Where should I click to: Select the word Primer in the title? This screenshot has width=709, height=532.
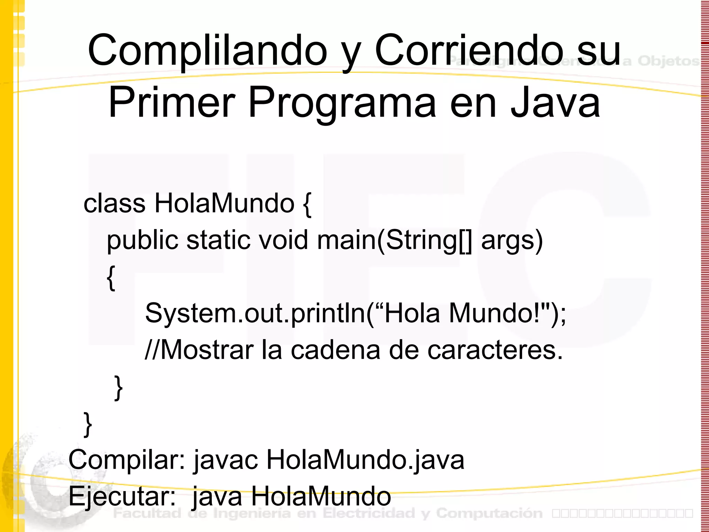(172, 103)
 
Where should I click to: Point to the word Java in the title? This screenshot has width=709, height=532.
(555, 103)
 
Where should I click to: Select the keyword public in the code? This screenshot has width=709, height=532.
(142, 240)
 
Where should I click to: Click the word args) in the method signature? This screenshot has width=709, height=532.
(512, 240)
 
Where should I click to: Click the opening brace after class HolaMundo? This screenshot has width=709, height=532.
(307, 205)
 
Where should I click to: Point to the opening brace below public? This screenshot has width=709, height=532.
(111, 277)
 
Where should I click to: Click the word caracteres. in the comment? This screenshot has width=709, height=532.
(495, 350)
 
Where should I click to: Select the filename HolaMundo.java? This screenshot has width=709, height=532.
(365, 460)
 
